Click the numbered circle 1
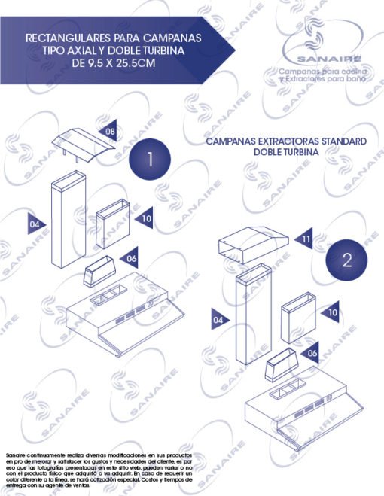(150, 160)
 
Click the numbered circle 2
(346, 260)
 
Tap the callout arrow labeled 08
(110, 132)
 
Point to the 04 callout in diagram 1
(35, 224)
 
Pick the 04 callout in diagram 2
(219, 320)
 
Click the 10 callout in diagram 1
(145, 218)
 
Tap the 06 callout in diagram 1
(130, 258)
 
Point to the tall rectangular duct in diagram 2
(250, 319)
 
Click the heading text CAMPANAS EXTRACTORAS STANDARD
(285, 141)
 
